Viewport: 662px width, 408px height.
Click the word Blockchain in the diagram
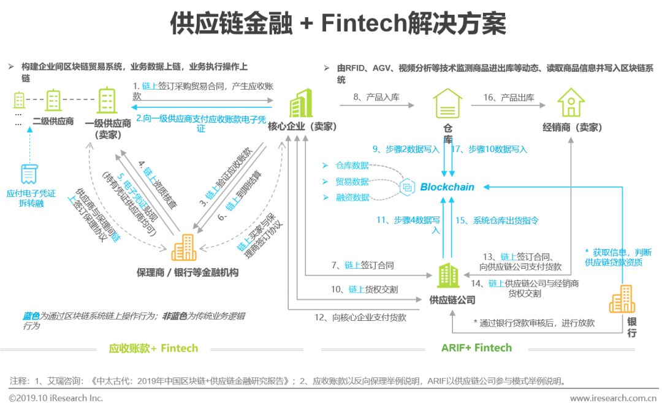click(x=447, y=187)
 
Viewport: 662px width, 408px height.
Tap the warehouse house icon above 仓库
click(x=447, y=103)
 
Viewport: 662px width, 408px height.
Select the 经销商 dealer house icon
click(x=571, y=103)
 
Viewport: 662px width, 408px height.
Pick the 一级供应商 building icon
click(x=107, y=100)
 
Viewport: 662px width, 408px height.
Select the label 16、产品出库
click(x=508, y=98)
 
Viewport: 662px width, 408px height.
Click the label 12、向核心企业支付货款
click(x=360, y=317)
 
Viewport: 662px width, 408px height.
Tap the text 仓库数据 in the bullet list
click(x=352, y=166)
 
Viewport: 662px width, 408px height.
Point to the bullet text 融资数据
click(x=352, y=198)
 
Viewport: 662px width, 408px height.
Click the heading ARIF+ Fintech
click(x=476, y=348)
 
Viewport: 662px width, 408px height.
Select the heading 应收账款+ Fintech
click(x=153, y=348)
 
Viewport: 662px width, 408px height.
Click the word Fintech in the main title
click(x=364, y=25)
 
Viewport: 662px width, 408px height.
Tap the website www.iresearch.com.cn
click(x=611, y=398)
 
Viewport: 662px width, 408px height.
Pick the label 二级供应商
click(x=53, y=121)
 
